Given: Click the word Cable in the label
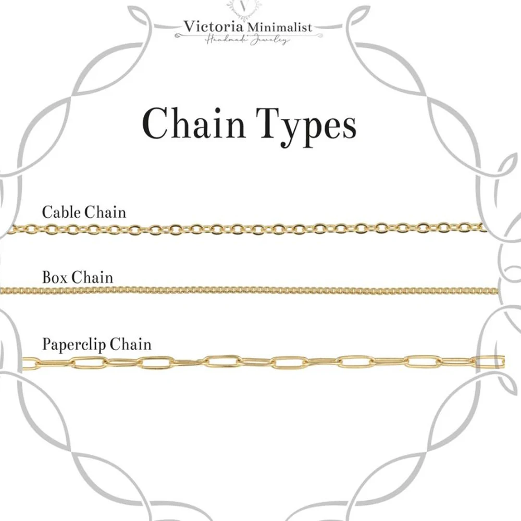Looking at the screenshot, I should [x=59, y=212].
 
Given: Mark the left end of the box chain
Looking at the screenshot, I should [x=6, y=289].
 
